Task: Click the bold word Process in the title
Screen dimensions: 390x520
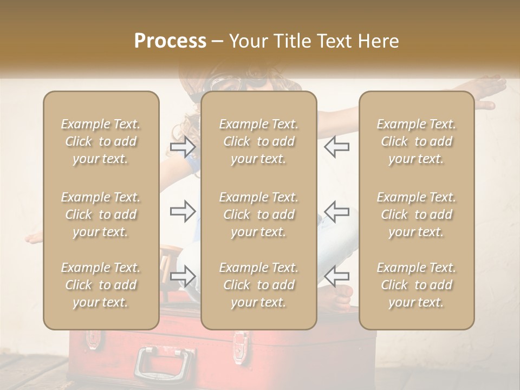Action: (x=170, y=41)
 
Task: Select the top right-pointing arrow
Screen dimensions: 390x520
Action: (x=183, y=146)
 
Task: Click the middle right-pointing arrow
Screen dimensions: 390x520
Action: (x=183, y=211)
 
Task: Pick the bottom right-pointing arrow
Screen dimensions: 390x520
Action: (x=183, y=276)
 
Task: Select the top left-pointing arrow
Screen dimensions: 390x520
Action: (x=337, y=146)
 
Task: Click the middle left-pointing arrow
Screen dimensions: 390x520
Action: (x=337, y=211)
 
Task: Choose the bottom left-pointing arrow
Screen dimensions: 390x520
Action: (x=337, y=276)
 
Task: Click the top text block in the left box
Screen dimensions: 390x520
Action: (x=101, y=141)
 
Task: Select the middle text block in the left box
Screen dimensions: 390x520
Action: (x=101, y=214)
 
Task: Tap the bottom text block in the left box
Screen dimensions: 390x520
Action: (x=101, y=285)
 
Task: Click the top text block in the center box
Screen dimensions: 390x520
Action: (x=258, y=141)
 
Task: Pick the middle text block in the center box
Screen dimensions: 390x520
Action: (x=258, y=214)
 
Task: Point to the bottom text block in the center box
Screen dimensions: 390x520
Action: (x=258, y=285)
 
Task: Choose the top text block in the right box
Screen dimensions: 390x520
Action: (x=416, y=141)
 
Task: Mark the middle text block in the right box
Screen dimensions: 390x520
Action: (x=416, y=214)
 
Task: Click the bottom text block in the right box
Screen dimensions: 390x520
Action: (x=416, y=285)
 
